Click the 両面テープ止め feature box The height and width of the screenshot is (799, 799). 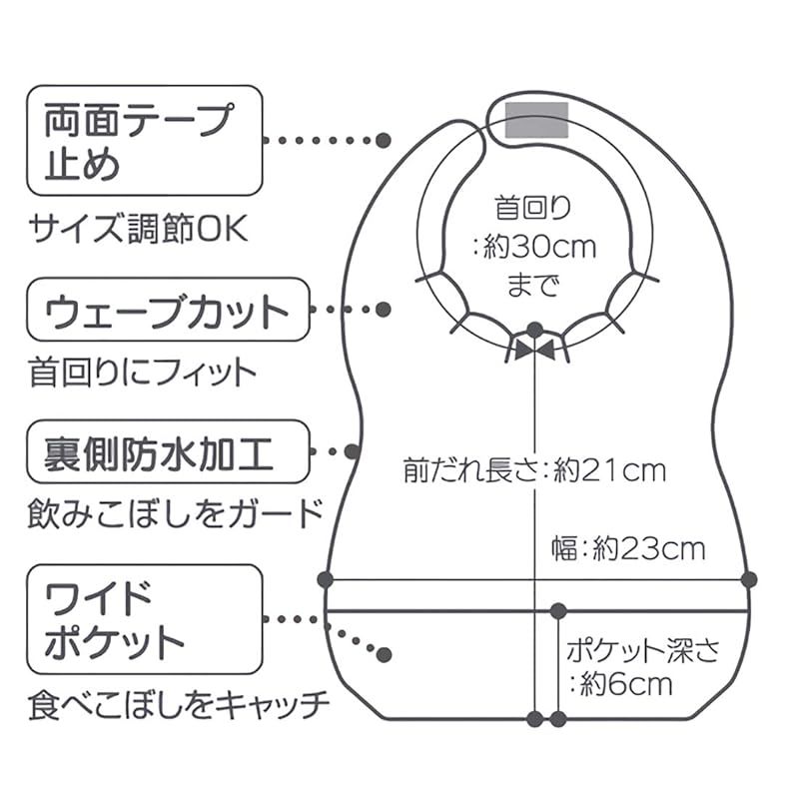click(x=145, y=141)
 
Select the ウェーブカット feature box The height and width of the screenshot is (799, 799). click(x=168, y=310)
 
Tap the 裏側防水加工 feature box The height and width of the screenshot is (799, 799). click(x=168, y=451)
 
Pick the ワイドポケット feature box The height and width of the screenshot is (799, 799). click(x=145, y=619)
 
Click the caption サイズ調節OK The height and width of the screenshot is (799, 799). click(x=138, y=229)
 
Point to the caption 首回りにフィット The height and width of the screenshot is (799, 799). click(x=142, y=372)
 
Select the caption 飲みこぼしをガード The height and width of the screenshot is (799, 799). click(x=176, y=513)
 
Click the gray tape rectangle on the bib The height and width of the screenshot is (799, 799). click(x=536, y=120)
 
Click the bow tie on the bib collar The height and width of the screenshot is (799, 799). click(x=534, y=350)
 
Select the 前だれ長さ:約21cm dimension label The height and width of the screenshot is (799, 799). click(x=534, y=470)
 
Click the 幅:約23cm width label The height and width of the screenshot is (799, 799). click(x=628, y=548)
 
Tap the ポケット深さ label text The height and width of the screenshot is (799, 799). click(x=642, y=651)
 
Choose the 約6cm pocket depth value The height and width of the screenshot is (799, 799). click(x=621, y=684)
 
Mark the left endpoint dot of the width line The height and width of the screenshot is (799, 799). click(x=326, y=579)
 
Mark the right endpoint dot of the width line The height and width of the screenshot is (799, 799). click(x=749, y=579)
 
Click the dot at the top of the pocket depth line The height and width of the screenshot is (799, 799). click(x=558, y=610)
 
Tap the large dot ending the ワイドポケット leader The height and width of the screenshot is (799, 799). click(x=384, y=655)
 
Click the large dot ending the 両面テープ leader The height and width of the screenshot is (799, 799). click(x=384, y=140)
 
